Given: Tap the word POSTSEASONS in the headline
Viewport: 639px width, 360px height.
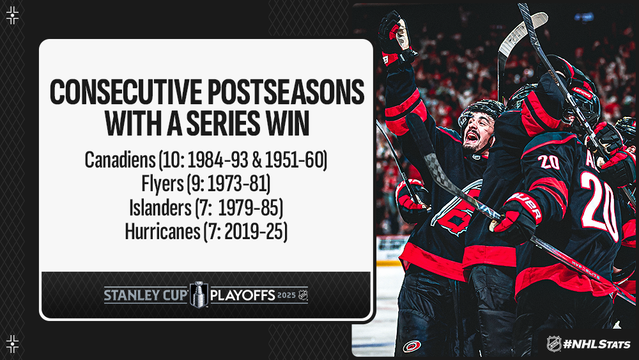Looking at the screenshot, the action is pos(286,92).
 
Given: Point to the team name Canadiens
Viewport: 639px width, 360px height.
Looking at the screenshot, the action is pos(120,160).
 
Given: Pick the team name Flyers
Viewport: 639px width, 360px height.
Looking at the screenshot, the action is pos(162,184).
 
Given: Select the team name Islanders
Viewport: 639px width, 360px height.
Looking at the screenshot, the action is pos(160,208).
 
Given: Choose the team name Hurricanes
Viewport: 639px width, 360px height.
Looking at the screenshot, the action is pos(162,231).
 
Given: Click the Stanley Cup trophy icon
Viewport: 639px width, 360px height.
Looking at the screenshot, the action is pos(199,294).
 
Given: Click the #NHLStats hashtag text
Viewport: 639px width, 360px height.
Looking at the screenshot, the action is pos(596,344).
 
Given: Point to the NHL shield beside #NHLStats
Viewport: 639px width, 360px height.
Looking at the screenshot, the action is pos(554,343).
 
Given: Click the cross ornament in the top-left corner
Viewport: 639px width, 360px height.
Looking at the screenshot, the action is pos(13,15).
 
